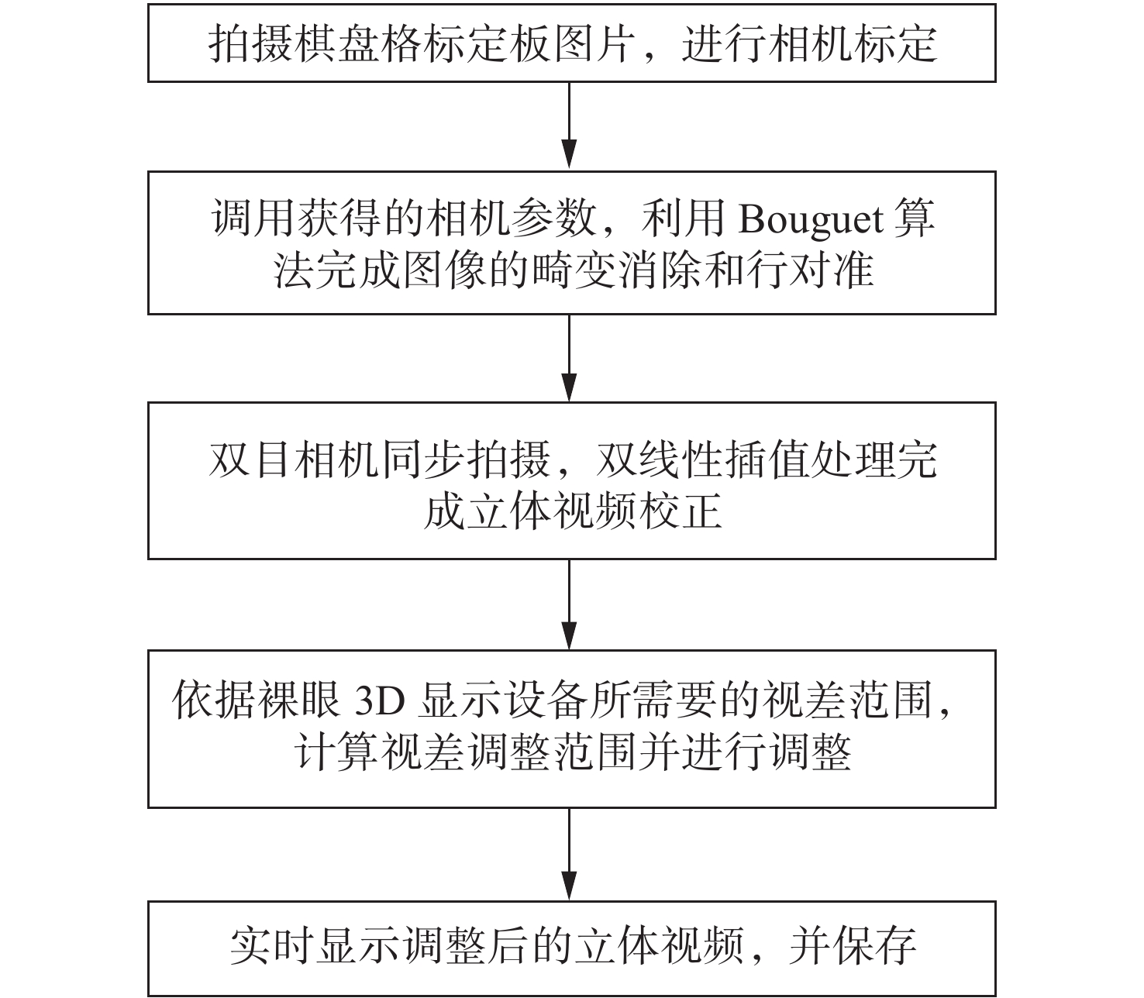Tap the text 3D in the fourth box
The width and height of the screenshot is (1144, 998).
380,701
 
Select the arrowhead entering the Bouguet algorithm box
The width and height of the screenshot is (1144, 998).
569,153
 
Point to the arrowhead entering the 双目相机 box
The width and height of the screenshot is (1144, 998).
569,386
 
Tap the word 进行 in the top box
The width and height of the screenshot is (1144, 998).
724,43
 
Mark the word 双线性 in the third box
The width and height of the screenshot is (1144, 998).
659,460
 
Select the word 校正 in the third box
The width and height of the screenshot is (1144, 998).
681,511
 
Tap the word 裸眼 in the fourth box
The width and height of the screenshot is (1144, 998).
300,700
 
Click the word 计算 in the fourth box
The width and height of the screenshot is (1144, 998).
337,752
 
